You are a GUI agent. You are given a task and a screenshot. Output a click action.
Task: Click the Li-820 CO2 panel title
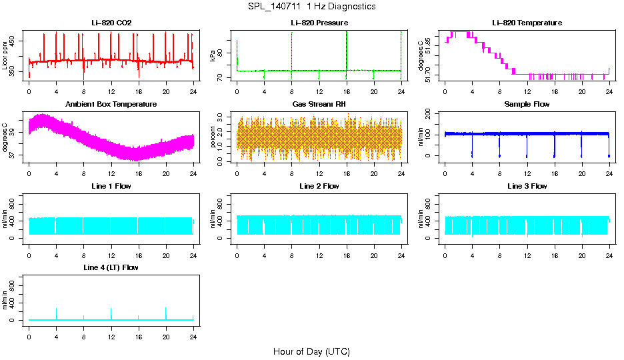[x=111, y=23]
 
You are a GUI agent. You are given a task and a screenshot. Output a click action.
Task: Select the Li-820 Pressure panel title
[x=319, y=23]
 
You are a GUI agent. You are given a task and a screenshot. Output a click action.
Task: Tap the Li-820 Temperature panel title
[x=527, y=23]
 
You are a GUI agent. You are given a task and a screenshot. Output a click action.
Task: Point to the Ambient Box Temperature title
[x=111, y=105]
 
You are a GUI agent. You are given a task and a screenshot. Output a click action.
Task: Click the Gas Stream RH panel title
[x=319, y=105]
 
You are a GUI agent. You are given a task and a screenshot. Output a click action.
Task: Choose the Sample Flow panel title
[x=527, y=105]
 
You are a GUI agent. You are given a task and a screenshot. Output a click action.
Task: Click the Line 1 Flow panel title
[x=111, y=186]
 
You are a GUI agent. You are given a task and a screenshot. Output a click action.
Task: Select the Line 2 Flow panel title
[x=319, y=186]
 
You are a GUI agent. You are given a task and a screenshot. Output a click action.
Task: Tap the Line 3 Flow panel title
[x=527, y=186]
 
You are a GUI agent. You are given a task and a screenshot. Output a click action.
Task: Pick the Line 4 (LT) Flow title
[x=111, y=267]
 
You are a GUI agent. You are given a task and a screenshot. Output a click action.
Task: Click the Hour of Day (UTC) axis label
[x=311, y=351]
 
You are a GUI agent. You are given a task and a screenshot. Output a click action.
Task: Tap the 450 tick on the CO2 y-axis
[x=15, y=41]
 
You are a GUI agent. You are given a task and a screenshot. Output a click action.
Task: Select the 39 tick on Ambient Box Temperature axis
[x=15, y=132]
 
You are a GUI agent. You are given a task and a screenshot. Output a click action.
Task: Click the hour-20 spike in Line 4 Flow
[x=165, y=312]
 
